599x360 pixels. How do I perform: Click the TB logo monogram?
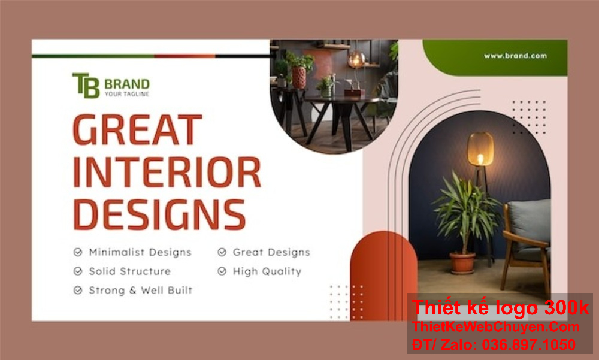pyautogui.click(x=86, y=85)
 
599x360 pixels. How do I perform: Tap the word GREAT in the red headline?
pyautogui.click(x=137, y=130)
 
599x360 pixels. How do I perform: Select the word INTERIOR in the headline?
pyautogui.click(x=167, y=172)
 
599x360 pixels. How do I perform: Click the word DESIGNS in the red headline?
pyautogui.click(x=159, y=214)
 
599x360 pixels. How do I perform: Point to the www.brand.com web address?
pyautogui.click(x=515, y=56)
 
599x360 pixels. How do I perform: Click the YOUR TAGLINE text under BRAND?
pyautogui.click(x=126, y=94)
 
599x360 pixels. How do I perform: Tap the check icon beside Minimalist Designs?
pyautogui.click(x=78, y=252)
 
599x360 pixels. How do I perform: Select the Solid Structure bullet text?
pyautogui.click(x=129, y=271)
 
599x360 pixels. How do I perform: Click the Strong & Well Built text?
pyautogui.click(x=140, y=291)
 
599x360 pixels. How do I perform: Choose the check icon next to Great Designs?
pyautogui.click(x=222, y=252)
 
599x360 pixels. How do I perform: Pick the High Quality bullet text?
pyautogui.click(x=267, y=271)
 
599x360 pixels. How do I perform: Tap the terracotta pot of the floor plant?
pyautogui.click(x=462, y=262)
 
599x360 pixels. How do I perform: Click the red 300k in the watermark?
pyautogui.click(x=566, y=308)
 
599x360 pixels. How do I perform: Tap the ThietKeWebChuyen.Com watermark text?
pyautogui.click(x=496, y=327)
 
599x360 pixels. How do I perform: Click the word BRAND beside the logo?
pyautogui.click(x=126, y=84)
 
